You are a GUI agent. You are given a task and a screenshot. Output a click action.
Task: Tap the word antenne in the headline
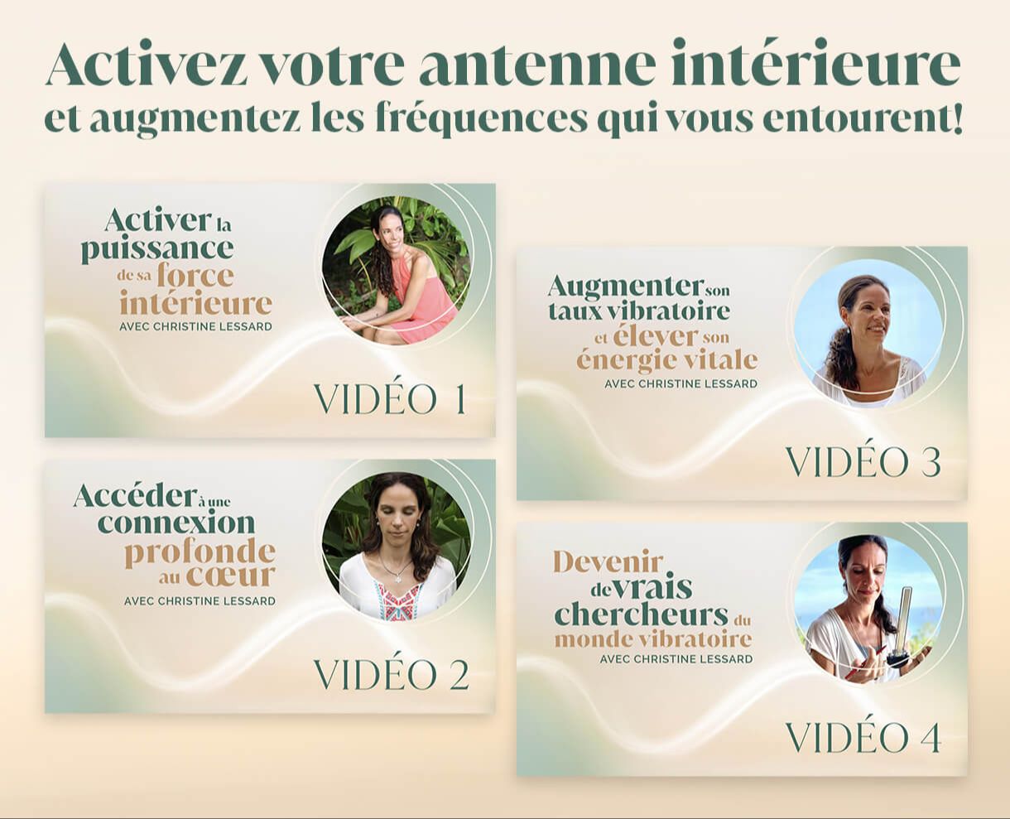(536, 63)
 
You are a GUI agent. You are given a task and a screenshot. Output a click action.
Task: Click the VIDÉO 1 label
(390, 399)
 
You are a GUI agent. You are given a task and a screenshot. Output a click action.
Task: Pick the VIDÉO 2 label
(392, 674)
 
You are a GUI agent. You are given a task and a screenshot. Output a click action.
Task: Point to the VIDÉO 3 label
(863, 462)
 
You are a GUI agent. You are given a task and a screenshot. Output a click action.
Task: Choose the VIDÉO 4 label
(863, 738)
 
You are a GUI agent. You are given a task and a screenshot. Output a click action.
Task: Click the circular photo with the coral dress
(397, 270)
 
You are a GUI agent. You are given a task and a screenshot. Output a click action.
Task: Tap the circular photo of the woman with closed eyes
(397, 547)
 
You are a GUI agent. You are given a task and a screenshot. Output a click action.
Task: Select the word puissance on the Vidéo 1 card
(157, 249)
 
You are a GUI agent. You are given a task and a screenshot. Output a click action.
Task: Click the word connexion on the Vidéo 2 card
(176, 523)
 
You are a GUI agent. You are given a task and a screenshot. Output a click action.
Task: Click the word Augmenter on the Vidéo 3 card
(625, 287)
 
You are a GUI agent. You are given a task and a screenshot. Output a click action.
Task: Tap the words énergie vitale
(667, 359)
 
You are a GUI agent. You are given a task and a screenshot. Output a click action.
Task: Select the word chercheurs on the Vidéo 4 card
(641, 614)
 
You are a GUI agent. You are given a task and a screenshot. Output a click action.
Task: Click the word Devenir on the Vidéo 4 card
(608, 563)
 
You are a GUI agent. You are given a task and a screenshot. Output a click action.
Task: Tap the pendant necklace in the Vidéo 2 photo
(396, 568)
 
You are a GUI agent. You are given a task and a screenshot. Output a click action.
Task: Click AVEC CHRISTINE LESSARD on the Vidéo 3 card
(681, 383)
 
